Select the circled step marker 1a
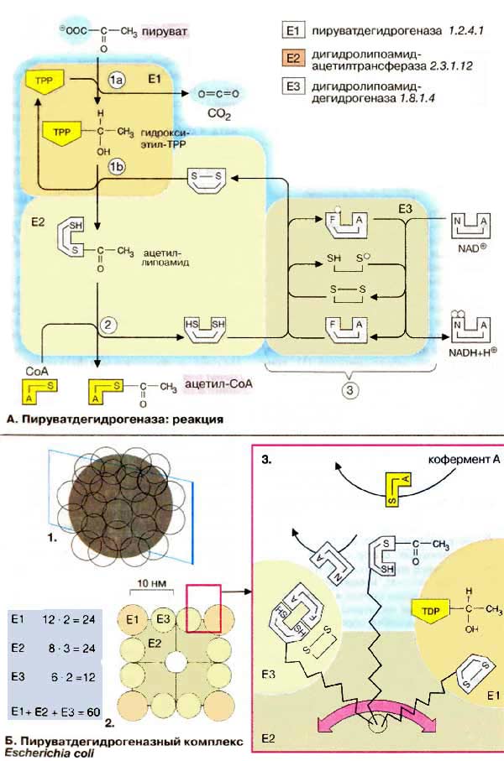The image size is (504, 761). [118, 79]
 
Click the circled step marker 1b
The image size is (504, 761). [118, 168]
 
